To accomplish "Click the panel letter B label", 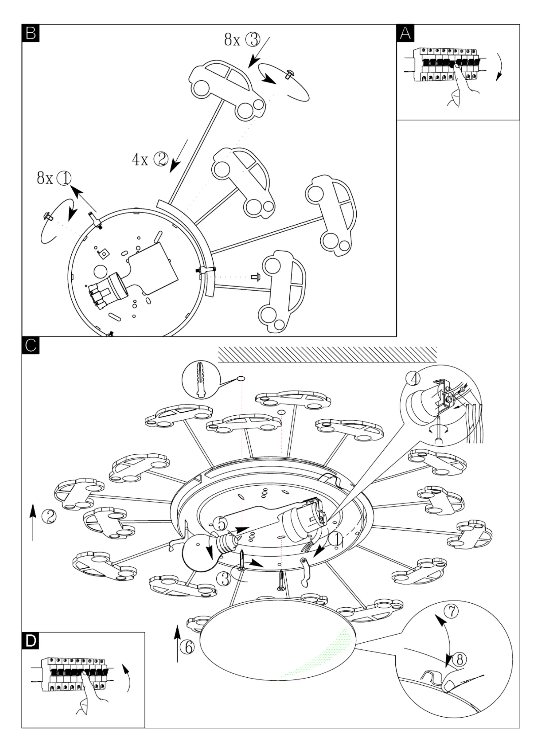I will (x=31, y=33).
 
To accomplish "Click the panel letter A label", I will (x=405, y=33).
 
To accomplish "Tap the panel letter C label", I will (x=31, y=345).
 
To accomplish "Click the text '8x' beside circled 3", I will (x=232, y=40).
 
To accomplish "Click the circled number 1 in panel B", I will (x=64, y=178).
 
